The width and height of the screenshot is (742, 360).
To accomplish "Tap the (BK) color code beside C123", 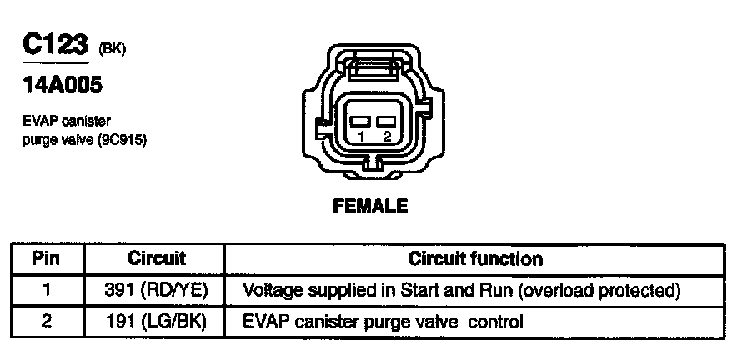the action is (x=113, y=48).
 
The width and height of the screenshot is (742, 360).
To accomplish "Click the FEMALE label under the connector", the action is (x=370, y=206).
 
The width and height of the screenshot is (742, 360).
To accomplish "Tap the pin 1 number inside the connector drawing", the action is (x=360, y=137).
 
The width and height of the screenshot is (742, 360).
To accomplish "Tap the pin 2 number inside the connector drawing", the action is (x=386, y=137).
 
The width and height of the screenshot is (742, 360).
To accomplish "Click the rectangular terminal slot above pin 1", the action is (x=359, y=122).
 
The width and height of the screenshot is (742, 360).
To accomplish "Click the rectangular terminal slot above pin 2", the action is (x=385, y=122).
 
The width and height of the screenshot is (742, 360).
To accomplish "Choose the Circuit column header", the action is (x=156, y=258).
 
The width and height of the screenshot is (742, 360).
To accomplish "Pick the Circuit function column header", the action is (x=474, y=258).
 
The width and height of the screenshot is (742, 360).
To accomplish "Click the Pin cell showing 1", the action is (x=47, y=290).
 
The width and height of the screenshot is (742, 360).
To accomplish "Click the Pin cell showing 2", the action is (x=47, y=321).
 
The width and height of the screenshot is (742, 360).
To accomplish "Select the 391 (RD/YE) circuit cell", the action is (x=157, y=290).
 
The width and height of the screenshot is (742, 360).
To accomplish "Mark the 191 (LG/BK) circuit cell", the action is (x=157, y=321).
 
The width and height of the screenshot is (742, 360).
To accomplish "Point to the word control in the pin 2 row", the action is (x=496, y=321).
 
